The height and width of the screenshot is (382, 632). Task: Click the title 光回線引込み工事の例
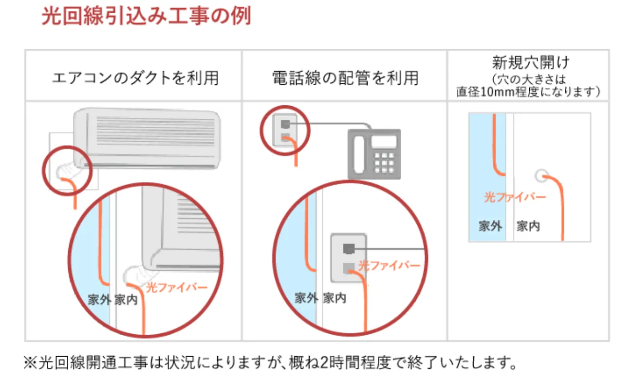tap(146, 16)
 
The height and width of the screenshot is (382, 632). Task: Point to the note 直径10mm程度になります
tap(528, 91)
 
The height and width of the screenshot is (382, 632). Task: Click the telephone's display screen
tap(384, 142)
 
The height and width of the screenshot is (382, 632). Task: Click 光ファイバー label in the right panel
tap(515, 197)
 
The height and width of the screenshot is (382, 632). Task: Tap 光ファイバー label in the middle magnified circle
tap(389, 266)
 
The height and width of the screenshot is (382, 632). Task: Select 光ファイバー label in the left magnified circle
tap(177, 287)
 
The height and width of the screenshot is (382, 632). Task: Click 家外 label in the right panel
tap(490, 227)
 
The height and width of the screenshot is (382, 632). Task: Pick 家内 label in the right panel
tap(528, 227)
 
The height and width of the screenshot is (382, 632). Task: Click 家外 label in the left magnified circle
tap(99, 299)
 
